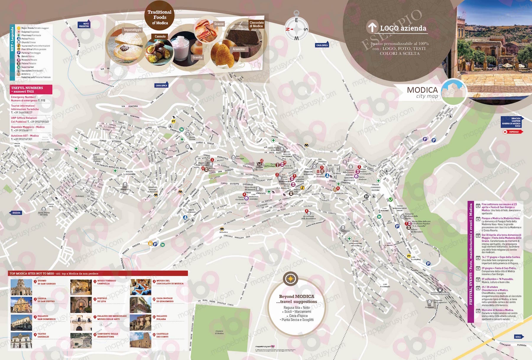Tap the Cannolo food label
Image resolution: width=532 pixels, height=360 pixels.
pos(160,36)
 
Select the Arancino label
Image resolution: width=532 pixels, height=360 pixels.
pos(239,49)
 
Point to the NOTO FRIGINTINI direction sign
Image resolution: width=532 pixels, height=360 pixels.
pos(85,25)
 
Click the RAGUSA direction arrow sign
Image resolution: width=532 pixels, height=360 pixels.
pos(16,213)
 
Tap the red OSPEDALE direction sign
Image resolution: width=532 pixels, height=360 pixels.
pos(513,132)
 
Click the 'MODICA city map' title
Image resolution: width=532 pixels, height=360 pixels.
pos(422,92)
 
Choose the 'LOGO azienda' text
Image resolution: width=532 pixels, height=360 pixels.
pos(403,28)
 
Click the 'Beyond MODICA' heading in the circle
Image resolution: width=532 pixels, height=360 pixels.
pos(296,296)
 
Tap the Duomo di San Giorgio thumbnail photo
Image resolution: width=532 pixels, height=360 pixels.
pos(21,287)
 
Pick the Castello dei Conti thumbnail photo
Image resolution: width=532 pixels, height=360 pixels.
pos(140,340)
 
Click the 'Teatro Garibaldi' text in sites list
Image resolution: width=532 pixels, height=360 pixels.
pos(43,335)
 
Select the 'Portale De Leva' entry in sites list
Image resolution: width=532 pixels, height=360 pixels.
pos(102,300)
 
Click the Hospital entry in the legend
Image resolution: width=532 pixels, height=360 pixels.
pos(30,32)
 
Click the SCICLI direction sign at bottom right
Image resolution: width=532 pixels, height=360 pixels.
pos(518,337)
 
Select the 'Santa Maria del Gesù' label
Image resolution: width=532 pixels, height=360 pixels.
pos(44,213)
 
